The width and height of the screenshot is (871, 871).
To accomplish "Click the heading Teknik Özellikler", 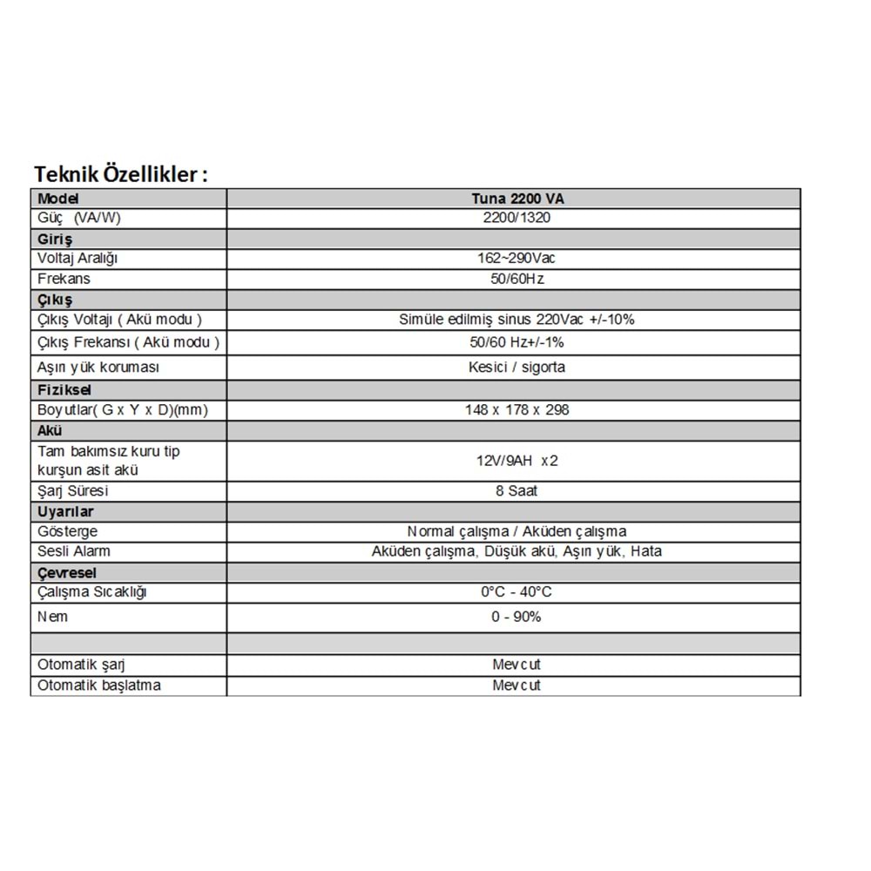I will (120, 173).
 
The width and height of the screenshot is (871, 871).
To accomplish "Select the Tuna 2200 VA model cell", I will (514, 199).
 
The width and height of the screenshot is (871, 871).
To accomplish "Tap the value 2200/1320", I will (514, 218).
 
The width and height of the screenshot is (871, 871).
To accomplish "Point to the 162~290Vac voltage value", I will (514, 259).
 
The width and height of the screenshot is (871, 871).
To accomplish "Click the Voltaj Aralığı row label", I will (78, 259).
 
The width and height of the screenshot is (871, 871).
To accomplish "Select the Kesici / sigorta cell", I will (516, 367).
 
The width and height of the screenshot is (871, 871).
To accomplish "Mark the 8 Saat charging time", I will (516, 490).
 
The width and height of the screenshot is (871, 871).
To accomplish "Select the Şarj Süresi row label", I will (72, 490).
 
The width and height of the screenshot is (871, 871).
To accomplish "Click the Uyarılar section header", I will (65, 511).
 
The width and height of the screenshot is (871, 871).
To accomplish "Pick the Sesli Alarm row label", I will (74, 551).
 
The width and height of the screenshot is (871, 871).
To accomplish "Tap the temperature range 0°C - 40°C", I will (516, 592).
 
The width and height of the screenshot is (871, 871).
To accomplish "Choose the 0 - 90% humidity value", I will (516, 617).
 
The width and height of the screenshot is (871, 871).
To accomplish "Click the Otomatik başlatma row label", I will (99, 685).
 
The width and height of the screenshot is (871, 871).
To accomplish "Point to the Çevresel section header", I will (67, 572).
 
